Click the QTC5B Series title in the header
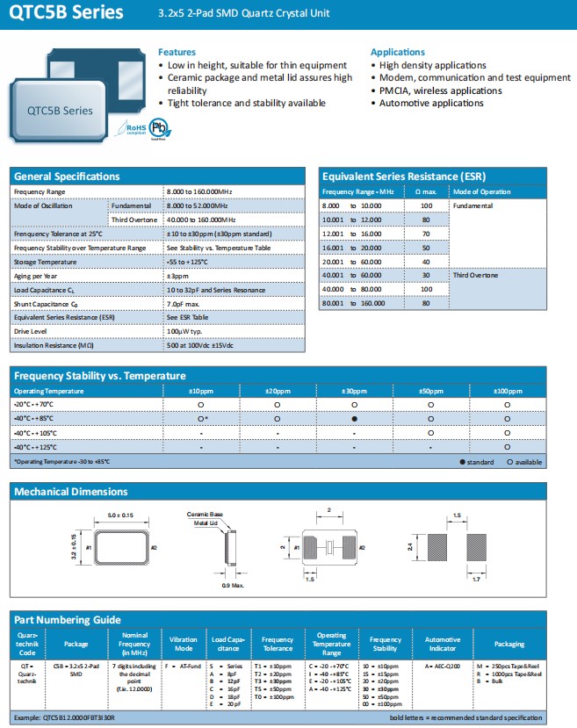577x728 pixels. tap(61, 14)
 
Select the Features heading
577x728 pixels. tap(177, 52)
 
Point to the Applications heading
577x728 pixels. tap(398, 52)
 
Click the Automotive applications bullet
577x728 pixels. tap(430, 103)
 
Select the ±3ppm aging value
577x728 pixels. tap(178, 276)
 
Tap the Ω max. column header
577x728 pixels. tap(425, 191)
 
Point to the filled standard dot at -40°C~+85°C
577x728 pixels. tap(354, 419)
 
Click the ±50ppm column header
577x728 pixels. tap(430, 390)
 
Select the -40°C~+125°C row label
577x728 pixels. tap(40, 447)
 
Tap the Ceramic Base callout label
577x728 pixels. tap(205, 513)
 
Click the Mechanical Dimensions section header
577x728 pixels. tap(71, 492)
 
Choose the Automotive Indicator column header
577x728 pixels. tap(443, 644)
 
